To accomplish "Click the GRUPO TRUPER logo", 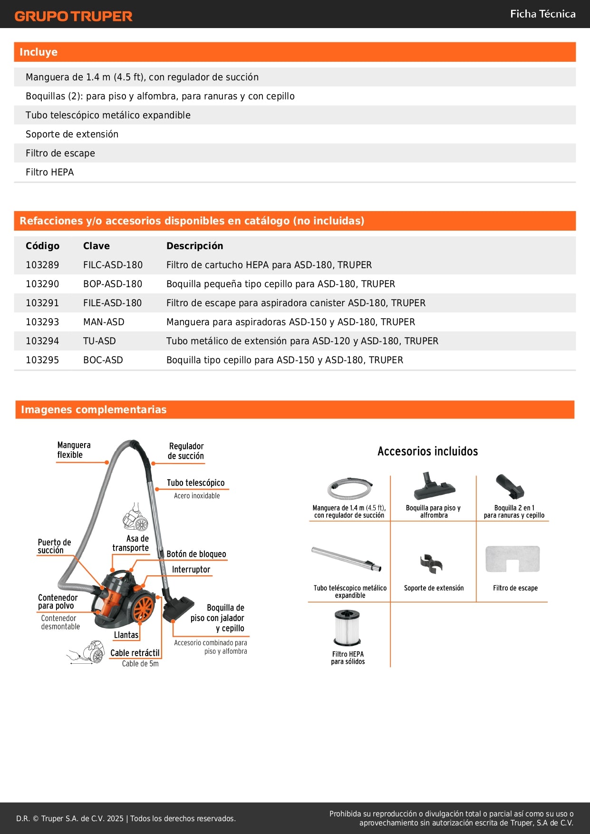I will click(73, 16).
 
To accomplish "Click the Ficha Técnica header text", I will click(542, 14).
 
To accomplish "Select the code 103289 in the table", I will click(42, 265).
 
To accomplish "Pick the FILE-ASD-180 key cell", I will click(112, 303).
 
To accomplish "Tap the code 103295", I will click(42, 360).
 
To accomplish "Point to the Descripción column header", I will click(194, 246).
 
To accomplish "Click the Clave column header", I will click(96, 246).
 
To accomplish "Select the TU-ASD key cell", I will click(99, 341).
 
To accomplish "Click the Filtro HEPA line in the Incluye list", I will click(49, 172).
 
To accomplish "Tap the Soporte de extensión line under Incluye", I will click(72, 134).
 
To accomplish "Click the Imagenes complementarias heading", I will click(94, 409).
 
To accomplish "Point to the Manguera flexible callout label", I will click(73, 450).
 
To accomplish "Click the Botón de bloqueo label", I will click(196, 554).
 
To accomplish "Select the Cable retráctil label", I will click(135, 653).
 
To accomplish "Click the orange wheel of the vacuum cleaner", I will click(143, 608).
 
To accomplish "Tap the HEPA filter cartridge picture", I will click(348, 628).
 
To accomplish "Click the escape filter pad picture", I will click(513, 559).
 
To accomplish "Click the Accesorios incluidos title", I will click(427, 451).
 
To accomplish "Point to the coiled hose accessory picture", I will click(349, 488).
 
